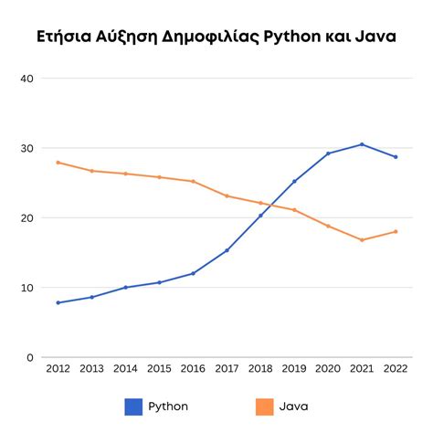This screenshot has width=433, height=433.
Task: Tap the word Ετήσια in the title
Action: (65, 37)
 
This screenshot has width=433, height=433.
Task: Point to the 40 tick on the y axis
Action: (26, 79)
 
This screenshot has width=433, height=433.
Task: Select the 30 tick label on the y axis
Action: (26, 148)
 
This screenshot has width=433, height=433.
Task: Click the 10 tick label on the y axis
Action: (26, 288)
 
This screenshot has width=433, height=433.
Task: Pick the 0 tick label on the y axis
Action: (30, 357)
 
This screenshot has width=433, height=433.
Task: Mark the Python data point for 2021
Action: (362, 144)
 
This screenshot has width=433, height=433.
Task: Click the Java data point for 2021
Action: (362, 240)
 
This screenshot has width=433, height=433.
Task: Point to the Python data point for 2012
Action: (58, 302)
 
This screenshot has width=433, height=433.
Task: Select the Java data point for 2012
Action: (58, 163)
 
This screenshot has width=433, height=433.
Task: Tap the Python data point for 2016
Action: (193, 273)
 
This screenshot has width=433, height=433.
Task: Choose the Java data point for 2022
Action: (395, 231)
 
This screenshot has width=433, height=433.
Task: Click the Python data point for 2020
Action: (328, 153)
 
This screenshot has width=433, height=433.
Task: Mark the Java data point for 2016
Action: (193, 181)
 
